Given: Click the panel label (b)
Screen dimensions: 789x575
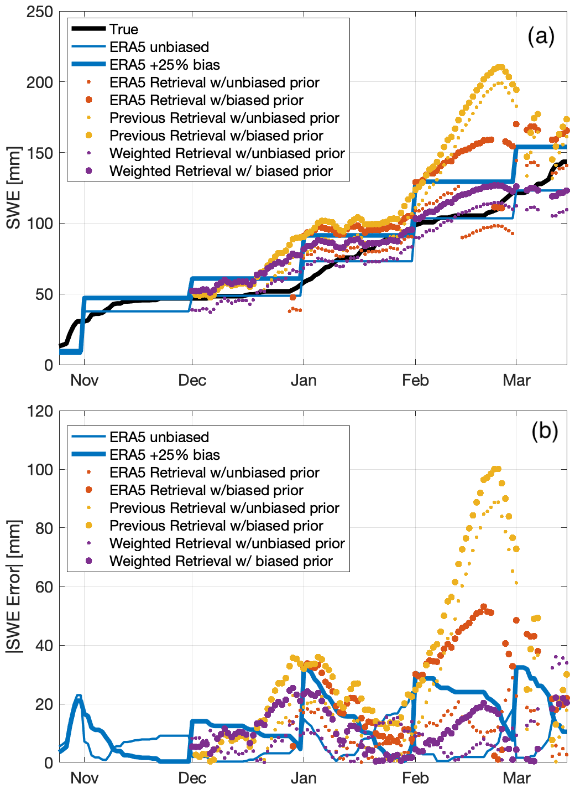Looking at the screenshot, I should pyautogui.click(x=545, y=430).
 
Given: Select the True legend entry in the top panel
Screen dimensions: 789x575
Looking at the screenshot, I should pyautogui.click(x=123, y=29).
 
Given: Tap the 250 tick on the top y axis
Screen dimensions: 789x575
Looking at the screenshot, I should pyautogui.click(x=40, y=12).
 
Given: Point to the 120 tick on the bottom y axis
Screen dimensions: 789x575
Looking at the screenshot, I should pyautogui.click(x=40, y=411).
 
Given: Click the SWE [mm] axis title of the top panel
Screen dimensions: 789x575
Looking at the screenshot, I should pyautogui.click(x=14, y=188).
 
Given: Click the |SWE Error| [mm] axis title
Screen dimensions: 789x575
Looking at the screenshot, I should pyautogui.click(x=14, y=586).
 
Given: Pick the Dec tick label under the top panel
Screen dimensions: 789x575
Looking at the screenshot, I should pyautogui.click(x=192, y=381).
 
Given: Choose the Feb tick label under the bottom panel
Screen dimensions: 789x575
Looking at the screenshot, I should pyautogui.click(x=415, y=778).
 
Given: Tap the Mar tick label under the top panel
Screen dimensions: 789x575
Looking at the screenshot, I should pyautogui.click(x=516, y=381).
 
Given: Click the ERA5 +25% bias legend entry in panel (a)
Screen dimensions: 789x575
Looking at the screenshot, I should pyautogui.click(x=164, y=65).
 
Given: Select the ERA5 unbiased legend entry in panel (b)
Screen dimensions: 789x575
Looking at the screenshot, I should pyautogui.click(x=159, y=437).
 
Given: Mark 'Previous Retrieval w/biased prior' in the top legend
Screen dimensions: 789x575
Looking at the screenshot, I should pyautogui.click(x=216, y=136).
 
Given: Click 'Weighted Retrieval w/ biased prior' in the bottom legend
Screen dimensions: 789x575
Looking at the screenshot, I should pyautogui.click(x=221, y=561).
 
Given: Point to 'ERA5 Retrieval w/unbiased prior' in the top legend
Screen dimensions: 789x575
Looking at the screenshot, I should pyautogui.click(x=214, y=82).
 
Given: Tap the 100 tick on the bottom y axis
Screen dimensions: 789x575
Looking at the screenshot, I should pyautogui.click(x=40, y=470).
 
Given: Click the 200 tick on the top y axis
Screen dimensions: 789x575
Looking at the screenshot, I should pyautogui.click(x=40, y=82).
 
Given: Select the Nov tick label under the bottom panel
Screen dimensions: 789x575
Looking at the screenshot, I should pyautogui.click(x=84, y=778).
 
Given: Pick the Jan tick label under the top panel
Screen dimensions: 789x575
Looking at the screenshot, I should pyautogui.click(x=304, y=381).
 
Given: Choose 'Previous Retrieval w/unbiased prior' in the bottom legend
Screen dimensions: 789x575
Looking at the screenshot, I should pyautogui.click(x=224, y=508).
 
